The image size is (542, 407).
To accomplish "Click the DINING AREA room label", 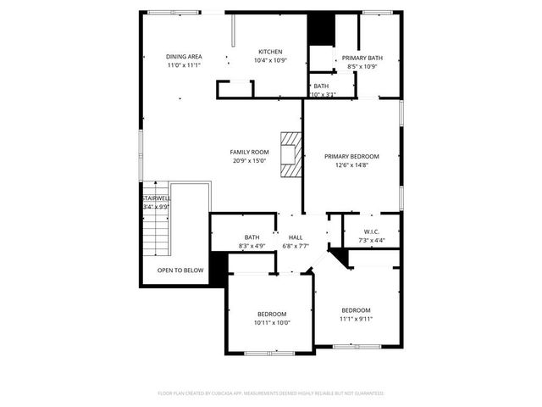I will click(x=183, y=56).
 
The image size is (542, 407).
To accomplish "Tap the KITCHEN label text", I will click(x=270, y=52).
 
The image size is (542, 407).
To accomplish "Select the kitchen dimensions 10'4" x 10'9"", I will click(x=270, y=60).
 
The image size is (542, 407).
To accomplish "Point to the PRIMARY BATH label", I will click(x=362, y=58).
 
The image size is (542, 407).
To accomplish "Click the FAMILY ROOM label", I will click(x=248, y=152).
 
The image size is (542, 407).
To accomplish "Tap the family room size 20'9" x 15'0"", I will click(x=248, y=160).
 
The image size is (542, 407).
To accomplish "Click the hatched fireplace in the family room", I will click(x=291, y=153).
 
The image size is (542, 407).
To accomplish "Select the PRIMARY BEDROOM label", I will click(x=351, y=156).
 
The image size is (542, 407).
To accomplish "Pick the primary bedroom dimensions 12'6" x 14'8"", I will click(x=351, y=164).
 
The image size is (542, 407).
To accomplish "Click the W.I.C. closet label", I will click(x=372, y=231).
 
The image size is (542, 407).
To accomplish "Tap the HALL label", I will click(x=296, y=237).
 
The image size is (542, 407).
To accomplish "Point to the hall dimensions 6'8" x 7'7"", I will click(x=296, y=246).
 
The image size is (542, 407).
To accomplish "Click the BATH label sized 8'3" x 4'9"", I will click(x=252, y=237).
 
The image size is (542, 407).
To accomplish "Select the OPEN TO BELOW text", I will click(x=180, y=270).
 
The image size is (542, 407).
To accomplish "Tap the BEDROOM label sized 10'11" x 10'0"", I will click(x=272, y=314).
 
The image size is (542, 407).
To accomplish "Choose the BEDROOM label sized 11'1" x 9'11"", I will click(x=356, y=310).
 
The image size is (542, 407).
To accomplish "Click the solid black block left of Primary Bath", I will click(x=321, y=30).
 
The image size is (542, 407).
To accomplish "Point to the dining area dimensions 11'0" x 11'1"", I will click(x=183, y=64).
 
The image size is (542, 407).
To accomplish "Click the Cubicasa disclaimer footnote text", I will click(x=271, y=393).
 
